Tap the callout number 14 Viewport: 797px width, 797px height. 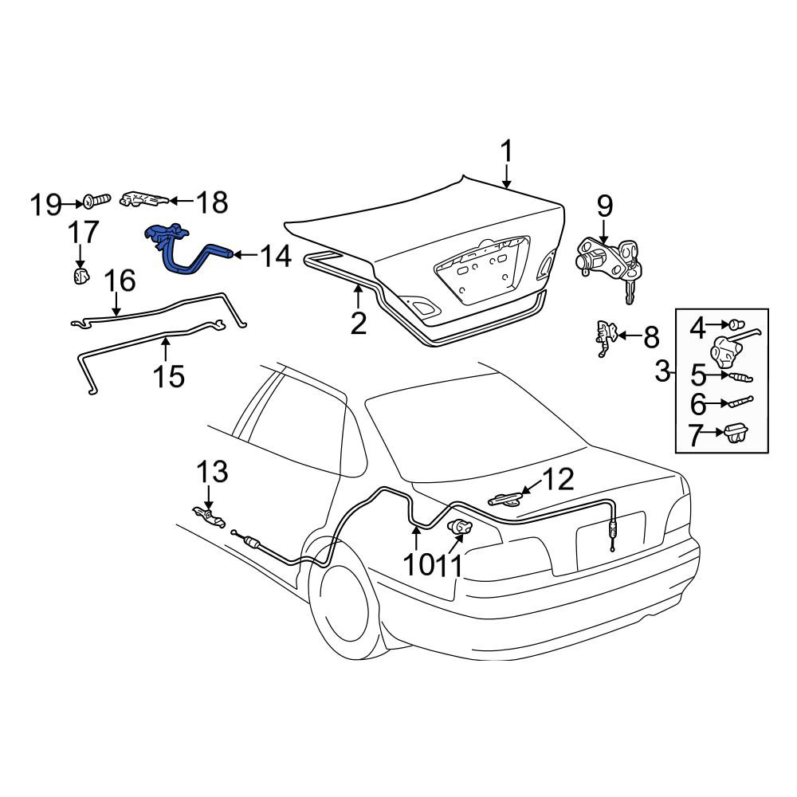pyautogui.click(x=276, y=256)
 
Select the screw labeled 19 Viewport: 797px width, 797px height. pyautogui.click(x=97, y=202)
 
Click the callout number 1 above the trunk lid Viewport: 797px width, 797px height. pyautogui.click(x=506, y=152)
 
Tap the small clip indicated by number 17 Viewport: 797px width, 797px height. pyautogui.click(x=80, y=276)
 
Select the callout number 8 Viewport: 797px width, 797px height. pyautogui.click(x=651, y=336)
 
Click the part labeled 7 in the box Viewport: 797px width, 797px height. pyautogui.click(x=735, y=433)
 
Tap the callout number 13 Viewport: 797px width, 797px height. pyautogui.click(x=212, y=472)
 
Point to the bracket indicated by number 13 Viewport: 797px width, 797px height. pyautogui.click(x=210, y=517)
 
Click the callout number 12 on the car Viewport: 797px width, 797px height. pyautogui.click(x=559, y=479)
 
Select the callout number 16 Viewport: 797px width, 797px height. pyautogui.click(x=120, y=281)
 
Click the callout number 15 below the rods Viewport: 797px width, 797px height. pyautogui.click(x=169, y=376)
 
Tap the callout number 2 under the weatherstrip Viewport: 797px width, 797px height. pyautogui.click(x=359, y=324)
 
